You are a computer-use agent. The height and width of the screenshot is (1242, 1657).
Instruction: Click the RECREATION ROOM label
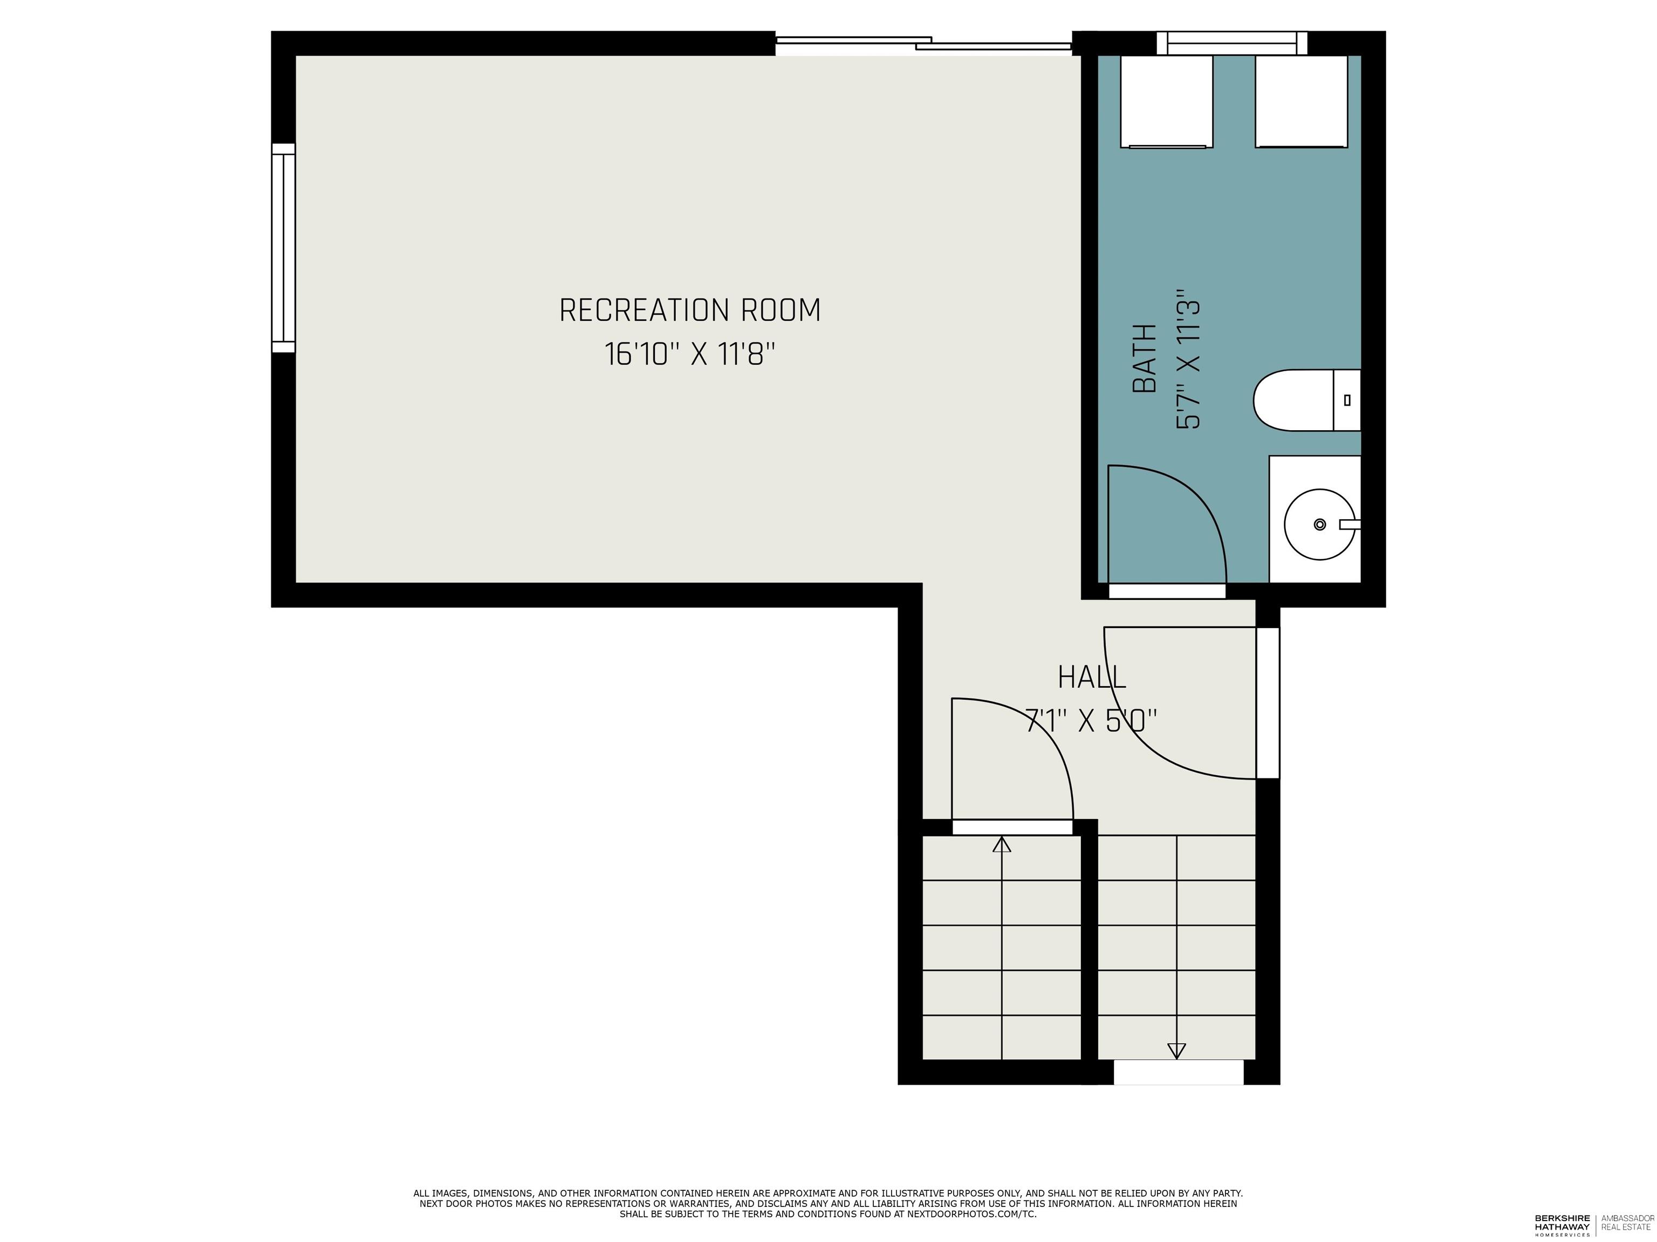click(689, 310)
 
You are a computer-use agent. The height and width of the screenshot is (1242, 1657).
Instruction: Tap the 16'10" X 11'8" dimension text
click(689, 354)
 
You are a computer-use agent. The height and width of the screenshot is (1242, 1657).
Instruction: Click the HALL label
click(1091, 678)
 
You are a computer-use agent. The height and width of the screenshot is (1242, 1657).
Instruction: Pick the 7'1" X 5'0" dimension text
click(1091, 722)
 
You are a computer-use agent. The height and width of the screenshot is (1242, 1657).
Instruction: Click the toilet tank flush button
click(1347, 400)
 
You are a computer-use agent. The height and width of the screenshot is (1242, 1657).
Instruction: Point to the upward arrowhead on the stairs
click(1002, 845)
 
